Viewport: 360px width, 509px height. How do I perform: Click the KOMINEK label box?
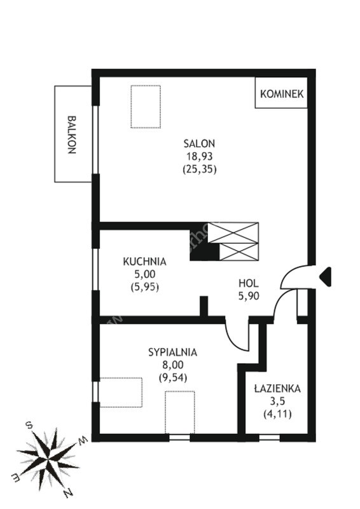coord(281,93)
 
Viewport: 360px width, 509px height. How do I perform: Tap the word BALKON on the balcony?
coord(72,134)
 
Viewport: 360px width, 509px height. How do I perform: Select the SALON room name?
coord(199,143)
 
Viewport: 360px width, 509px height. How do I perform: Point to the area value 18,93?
coord(199,157)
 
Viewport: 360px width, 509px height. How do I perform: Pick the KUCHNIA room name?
coord(144,261)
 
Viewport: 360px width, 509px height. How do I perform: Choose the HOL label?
coord(249,283)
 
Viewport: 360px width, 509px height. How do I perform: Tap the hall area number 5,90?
coord(249,296)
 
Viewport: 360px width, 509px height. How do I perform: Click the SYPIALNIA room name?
coord(173,352)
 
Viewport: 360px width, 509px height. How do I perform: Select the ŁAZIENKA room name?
coord(277,388)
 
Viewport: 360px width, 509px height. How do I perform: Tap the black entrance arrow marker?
coord(325,277)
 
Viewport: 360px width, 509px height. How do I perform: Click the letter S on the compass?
coord(29,426)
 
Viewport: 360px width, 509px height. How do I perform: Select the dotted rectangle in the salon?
coord(146,106)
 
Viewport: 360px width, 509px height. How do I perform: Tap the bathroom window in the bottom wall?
coord(270,438)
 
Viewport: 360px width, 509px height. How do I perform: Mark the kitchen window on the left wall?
coord(95,269)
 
